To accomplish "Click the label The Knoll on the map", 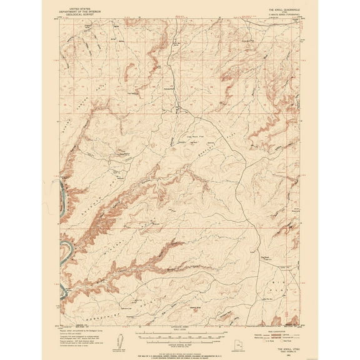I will pyautogui.click(x=264, y=255).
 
